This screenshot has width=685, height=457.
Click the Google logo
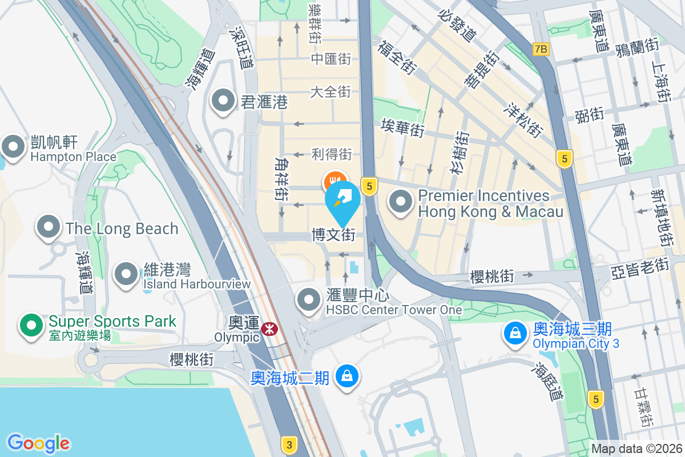pyautogui.click(x=38, y=443)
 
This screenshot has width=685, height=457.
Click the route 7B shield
pyautogui.click(x=541, y=49)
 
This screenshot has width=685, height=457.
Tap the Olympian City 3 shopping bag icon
pyautogui.click(x=515, y=334)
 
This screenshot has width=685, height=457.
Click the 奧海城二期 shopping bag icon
pyautogui.click(x=346, y=376)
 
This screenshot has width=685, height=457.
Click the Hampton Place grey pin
pyautogui.click(x=13, y=146)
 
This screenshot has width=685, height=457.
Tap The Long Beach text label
pyautogui.click(x=122, y=228)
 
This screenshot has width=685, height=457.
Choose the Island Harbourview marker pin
pyautogui.click(x=126, y=274)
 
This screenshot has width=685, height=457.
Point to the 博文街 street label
pyautogui.click(x=333, y=235)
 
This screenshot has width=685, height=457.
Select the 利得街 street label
pyautogui.click(x=332, y=154)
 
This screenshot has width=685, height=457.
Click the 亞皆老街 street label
pyautogui.click(x=639, y=266)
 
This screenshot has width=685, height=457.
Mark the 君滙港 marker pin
pyautogui.click(x=223, y=102)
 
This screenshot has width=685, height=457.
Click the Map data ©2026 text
pyautogui.click(x=636, y=449)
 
